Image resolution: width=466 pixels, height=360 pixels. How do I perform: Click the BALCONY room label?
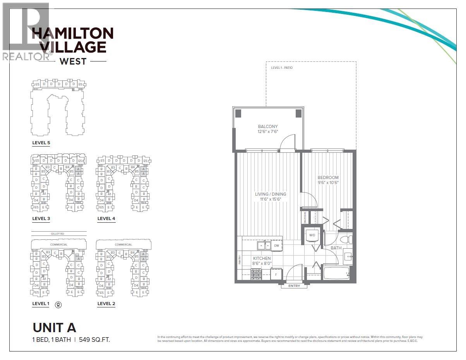pos(268,126)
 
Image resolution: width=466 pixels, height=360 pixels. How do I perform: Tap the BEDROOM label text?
pos(328,177)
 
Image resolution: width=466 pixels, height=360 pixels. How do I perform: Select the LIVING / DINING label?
pos(271,194)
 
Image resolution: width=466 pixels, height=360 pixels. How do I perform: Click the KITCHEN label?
pos(262,258)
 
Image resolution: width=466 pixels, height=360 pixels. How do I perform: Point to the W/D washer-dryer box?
pos(312,235)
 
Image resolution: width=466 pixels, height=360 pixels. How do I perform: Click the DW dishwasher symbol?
pos(277,246)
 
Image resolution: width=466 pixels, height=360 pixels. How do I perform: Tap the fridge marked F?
pos(276,275)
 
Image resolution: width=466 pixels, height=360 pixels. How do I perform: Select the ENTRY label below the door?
pos(294,286)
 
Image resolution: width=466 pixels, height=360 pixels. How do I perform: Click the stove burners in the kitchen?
pos(256,275)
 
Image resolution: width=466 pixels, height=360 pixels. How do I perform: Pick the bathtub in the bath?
pos(337,273)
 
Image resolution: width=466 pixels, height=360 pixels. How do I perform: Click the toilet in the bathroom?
pos(346,237)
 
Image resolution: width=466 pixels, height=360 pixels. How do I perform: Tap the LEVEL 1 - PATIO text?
pos(282,68)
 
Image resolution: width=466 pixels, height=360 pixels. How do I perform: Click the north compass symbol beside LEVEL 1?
pos(58,304)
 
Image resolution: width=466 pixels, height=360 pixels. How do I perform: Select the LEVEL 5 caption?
pos(41,143)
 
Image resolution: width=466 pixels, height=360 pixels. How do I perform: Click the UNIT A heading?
pos(54,328)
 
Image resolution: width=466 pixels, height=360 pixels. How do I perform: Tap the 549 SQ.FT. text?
pos(94,340)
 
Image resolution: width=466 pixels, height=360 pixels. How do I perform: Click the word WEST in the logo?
pos(73,61)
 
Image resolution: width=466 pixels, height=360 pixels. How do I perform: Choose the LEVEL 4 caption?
pos(106,218)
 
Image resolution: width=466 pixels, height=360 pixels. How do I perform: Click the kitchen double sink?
pos(265,246)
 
